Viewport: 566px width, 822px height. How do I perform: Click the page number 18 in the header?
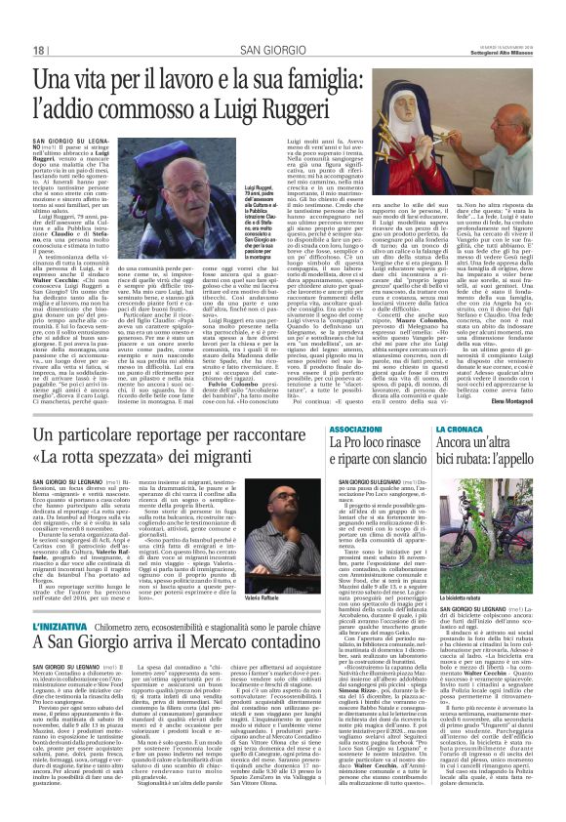coord(40,50)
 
